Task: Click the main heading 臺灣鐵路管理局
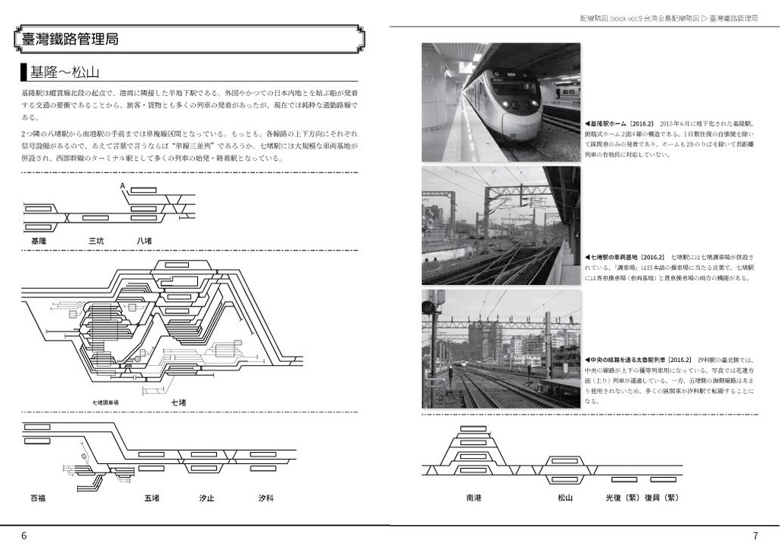pyautogui.click(x=70, y=39)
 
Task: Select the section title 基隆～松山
pyautogui.click(x=65, y=73)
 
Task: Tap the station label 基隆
pyautogui.click(x=39, y=241)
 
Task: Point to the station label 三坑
pyautogui.click(x=96, y=241)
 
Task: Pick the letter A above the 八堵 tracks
pyautogui.click(x=122, y=186)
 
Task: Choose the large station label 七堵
pyautogui.click(x=178, y=402)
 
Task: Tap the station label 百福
pyautogui.click(x=38, y=498)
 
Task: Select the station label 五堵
pyautogui.click(x=152, y=498)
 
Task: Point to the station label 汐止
pyautogui.click(x=206, y=498)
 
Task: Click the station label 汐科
pyautogui.click(x=265, y=498)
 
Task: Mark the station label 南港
pyautogui.click(x=474, y=498)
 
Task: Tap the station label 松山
pyautogui.click(x=564, y=498)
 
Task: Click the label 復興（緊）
pyautogui.click(x=661, y=498)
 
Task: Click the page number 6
pyautogui.click(x=24, y=536)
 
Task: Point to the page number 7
pyautogui.click(x=755, y=536)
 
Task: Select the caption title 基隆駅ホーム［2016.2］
pyautogui.click(x=619, y=123)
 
